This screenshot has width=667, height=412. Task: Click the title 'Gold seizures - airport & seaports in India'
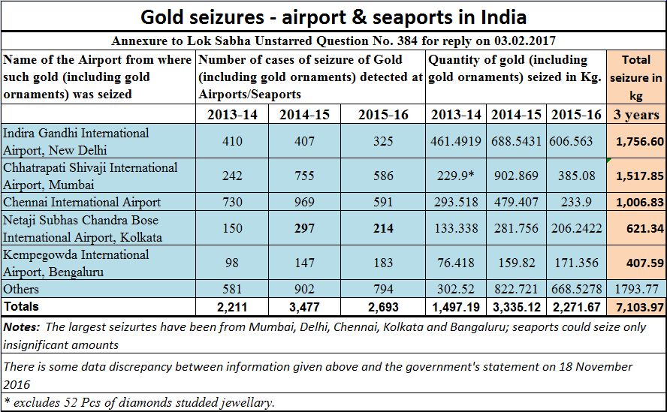tap(333, 17)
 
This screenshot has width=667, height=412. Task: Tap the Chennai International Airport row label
tap(82, 202)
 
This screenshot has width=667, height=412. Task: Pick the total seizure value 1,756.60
tap(635, 141)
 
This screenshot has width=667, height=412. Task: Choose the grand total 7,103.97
tap(635, 307)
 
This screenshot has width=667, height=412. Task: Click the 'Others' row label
tap(21, 289)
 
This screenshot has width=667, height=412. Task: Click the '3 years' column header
tap(635, 115)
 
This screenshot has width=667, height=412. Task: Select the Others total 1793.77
tap(635, 289)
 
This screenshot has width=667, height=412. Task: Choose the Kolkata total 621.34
tap(635, 228)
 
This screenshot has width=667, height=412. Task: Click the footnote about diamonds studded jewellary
tap(139, 403)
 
